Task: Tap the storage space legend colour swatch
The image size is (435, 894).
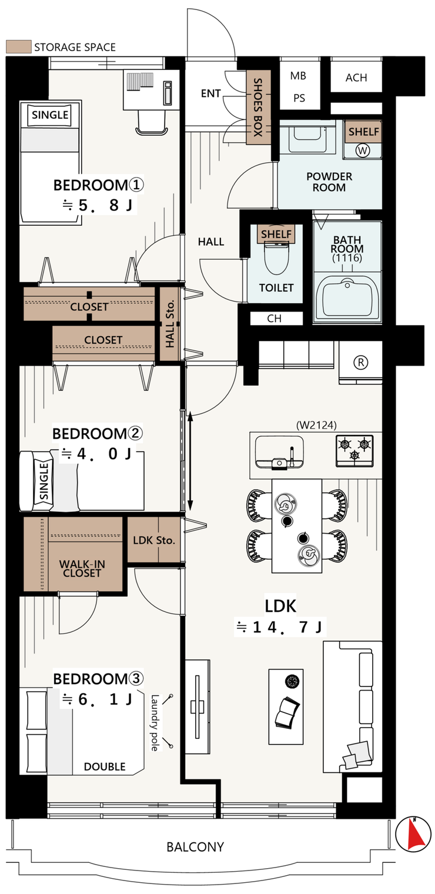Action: tap(18, 46)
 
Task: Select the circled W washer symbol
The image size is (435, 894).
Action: tap(363, 150)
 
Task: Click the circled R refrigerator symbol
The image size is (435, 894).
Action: tap(360, 363)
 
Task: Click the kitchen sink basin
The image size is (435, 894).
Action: tap(279, 451)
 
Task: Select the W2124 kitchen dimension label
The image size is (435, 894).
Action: tap(316, 425)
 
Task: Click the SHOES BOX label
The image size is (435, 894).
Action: tap(258, 107)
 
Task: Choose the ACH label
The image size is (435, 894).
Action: tap(356, 78)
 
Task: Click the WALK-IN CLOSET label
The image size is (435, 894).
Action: tap(82, 568)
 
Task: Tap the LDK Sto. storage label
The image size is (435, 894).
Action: tap(154, 540)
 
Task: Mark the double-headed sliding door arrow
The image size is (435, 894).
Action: tap(190, 461)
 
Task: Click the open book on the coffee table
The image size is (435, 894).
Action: tap(287, 712)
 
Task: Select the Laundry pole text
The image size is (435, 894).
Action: tap(155, 723)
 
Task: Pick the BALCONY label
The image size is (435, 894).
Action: tap(195, 846)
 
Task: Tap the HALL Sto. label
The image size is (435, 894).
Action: tap(170, 323)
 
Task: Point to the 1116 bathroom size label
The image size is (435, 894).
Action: tap(347, 258)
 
